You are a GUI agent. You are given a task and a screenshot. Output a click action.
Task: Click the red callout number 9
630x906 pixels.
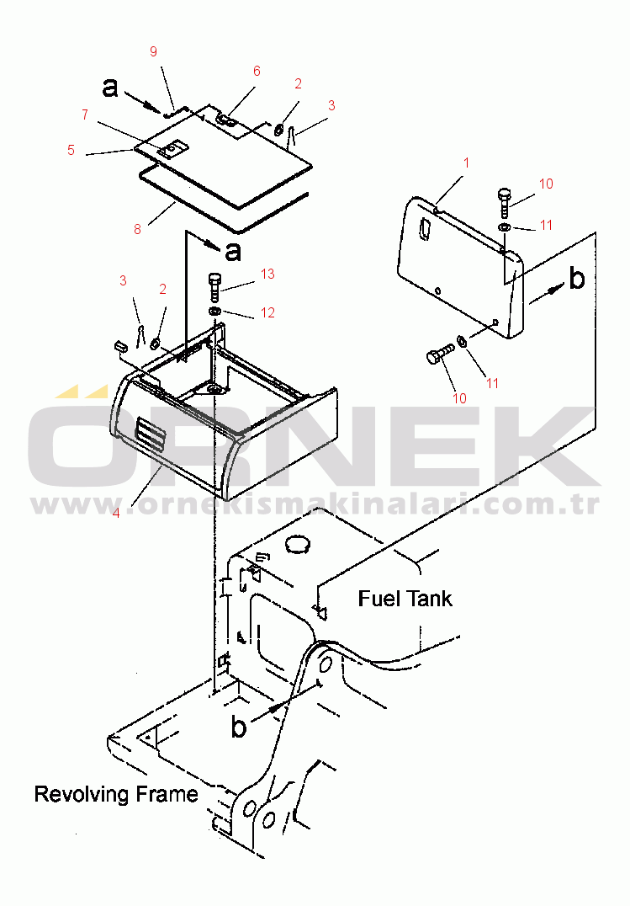pos(153,51)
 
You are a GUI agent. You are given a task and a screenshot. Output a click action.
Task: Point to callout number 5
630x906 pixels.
pos(71,151)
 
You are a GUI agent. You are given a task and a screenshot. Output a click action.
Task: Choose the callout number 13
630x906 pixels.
pos(267,274)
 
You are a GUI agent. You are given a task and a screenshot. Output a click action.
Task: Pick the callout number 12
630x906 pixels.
pos(267,312)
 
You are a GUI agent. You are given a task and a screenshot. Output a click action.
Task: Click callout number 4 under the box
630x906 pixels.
pos(116,511)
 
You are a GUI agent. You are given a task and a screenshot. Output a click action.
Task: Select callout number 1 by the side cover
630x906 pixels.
pos(466,161)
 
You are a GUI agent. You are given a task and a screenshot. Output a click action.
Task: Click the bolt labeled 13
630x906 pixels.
pos(214,286)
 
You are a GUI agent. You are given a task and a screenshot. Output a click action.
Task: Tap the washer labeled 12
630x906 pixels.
pos(215,312)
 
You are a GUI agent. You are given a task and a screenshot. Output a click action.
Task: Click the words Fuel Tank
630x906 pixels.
pos(405,599)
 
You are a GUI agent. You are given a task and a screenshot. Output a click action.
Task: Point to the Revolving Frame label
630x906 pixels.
pos(116,794)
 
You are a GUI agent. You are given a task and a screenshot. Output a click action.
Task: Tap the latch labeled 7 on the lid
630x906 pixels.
pos(172,149)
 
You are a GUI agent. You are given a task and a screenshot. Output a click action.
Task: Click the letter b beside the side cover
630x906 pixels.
pos(576,279)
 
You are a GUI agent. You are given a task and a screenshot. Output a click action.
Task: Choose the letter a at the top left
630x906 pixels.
pos(110,87)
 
